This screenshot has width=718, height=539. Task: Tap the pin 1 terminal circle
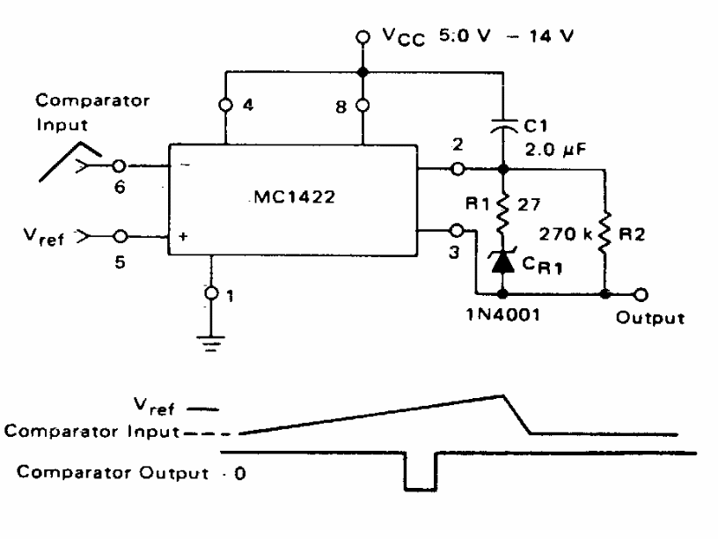pyautogui.click(x=211, y=293)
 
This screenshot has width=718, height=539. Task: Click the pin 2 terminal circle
pyautogui.click(x=458, y=167)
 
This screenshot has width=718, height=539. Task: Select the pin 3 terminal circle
pyautogui.click(x=458, y=231)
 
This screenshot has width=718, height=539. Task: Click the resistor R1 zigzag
pyautogui.click(x=502, y=208)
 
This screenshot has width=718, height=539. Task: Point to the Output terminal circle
pyautogui.click(x=643, y=293)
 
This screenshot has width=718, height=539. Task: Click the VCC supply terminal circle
pyautogui.click(x=362, y=38)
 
